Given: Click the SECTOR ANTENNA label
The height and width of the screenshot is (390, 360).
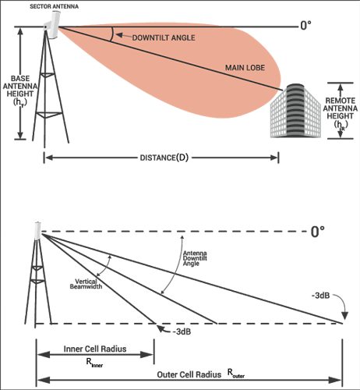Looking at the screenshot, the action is click(54, 6).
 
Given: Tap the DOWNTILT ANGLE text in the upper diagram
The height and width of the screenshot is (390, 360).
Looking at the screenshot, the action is click(164, 38).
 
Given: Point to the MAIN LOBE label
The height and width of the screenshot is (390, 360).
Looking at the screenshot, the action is click(245, 68).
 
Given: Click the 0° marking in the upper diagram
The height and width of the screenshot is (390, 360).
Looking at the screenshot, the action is click(305, 26).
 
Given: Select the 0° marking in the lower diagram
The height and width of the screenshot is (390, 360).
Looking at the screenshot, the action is click(318, 232).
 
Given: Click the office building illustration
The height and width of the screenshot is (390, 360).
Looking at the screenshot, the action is click(295, 111).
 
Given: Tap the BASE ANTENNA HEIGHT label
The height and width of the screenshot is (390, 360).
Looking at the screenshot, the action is click(20, 90).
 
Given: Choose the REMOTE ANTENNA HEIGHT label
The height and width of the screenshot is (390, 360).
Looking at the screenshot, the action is click(341, 112).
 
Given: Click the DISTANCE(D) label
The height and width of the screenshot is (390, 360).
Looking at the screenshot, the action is click(164, 158).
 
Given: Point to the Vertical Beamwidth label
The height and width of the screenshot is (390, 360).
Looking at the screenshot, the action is click(86, 284).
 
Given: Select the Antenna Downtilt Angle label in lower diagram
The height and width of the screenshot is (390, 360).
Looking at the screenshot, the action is click(195, 258).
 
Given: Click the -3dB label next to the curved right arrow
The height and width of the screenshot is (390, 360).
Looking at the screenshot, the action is click(320, 296).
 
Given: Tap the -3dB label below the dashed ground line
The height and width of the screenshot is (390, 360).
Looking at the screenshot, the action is click(182, 331).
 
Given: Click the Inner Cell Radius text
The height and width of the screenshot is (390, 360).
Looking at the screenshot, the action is click(95, 349).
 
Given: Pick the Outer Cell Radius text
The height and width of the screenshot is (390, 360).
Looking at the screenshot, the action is click(189, 374).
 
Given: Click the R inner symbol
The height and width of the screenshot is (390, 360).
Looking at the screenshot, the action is click(94, 363).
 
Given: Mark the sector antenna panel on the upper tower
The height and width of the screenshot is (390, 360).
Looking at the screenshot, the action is click(54, 25).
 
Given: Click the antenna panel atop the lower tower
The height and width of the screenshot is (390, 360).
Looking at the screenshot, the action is click(37, 231).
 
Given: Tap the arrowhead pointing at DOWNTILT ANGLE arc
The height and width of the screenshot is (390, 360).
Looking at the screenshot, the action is click(118, 35).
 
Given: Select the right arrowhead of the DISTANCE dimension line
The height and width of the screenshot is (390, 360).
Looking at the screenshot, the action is click(274, 158).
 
